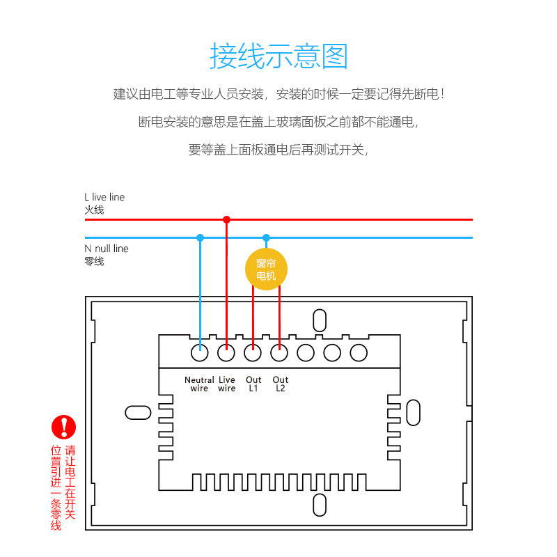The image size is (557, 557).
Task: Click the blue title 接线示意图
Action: tap(278, 56)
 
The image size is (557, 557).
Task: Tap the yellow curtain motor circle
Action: tap(266, 269)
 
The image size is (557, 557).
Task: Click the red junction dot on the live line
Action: tap(226, 219)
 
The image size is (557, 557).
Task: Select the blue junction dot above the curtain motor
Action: tap(266, 237)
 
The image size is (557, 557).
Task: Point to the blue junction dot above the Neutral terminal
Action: tap(200, 237)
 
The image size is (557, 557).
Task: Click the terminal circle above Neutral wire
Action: tap(200, 353)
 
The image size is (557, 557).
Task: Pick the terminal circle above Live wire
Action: tap(226, 353)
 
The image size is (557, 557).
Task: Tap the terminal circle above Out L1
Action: tap(253, 353)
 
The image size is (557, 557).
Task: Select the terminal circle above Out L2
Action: tap(279, 353)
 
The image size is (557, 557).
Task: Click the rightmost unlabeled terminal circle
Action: tap(359, 353)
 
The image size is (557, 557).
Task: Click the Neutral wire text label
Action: tap(199, 384)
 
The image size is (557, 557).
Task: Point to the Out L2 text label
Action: tap(281, 384)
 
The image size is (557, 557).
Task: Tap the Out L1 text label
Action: tap(253, 384)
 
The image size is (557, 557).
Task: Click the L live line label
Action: tap(104, 198)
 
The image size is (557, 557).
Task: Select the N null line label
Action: tap(107, 249)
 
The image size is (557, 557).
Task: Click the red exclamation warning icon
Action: tap(64, 427)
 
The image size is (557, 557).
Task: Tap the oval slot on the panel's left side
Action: tap(138, 412)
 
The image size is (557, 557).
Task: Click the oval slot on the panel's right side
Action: tap(413, 412)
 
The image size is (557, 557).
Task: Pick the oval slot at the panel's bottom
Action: tap(320, 505)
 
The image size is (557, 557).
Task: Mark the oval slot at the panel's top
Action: tap(320, 320)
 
